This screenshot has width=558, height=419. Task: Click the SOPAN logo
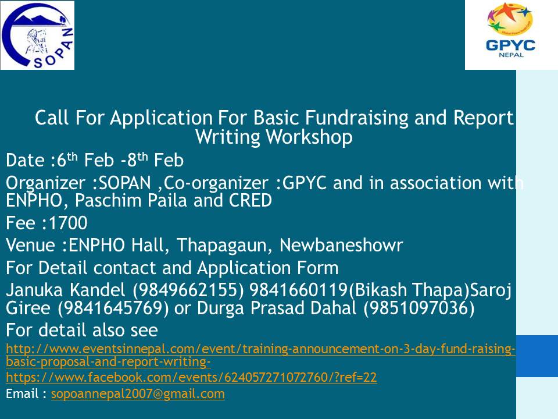pos(37,35)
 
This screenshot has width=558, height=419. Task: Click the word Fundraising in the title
pos(356,118)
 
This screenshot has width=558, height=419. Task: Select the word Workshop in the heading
pos(309,137)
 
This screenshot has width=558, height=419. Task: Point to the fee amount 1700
pos(67,223)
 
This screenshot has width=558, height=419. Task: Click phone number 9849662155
pos(188,290)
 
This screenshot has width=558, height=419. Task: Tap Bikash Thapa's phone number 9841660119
pos(298,290)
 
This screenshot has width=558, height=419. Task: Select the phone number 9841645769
pos(113,308)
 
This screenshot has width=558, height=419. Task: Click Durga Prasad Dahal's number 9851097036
pos(419,308)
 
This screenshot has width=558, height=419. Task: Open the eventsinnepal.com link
pos(260,355)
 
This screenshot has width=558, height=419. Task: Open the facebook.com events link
pos(191,377)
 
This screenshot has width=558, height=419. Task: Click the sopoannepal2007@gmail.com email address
pos(138,394)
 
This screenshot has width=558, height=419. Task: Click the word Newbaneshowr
pos(341,245)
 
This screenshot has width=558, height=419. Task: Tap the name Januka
pos(35,290)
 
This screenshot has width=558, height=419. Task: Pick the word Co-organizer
pos(216,183)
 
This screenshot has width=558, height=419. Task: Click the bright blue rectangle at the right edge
pos(537,356)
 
